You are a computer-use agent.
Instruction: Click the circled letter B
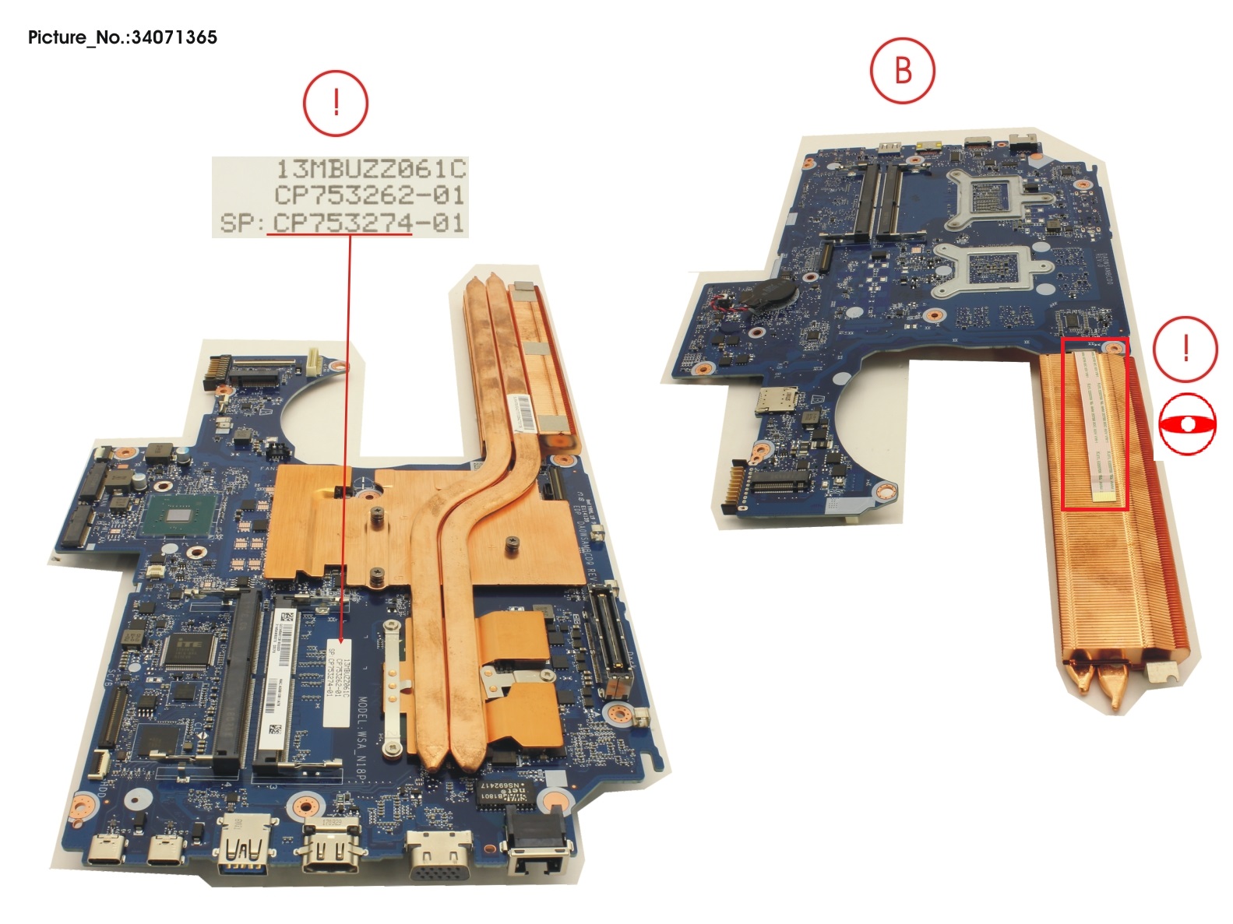click(x=902, y=71)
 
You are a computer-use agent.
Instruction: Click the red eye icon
click(x=1186, y=424)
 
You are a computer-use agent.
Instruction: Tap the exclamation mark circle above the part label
click(x=336, y=103)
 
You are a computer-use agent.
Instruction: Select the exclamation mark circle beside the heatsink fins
click(x=1185, y=349)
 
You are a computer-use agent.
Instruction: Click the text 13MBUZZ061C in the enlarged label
click(x=372, y=169)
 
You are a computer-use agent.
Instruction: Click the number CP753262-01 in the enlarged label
click(x=370, y=195)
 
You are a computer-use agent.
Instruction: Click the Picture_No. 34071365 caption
click(x=122, y=37)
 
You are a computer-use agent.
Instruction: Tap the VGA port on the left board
click(x=440, y=855)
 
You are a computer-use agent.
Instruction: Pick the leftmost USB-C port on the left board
click(x=107, y=850)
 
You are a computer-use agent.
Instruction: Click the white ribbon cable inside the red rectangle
click(x=1095, y=424)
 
